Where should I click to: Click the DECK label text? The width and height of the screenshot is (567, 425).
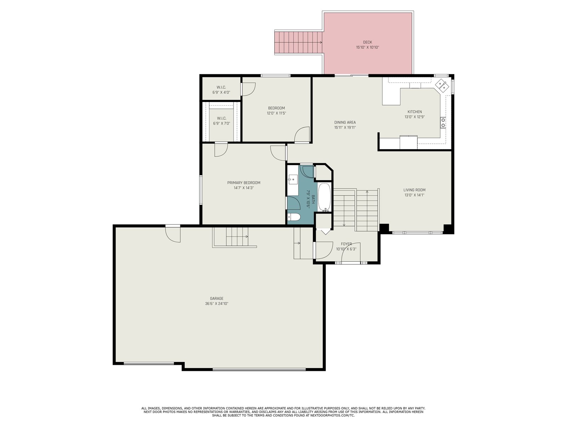[367, 42]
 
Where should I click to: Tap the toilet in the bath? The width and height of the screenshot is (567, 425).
[294, 217]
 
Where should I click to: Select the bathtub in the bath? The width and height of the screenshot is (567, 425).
[324, 197]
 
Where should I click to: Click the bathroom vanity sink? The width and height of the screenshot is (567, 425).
[293, 178]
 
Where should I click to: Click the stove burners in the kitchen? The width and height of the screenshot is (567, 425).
[443, 123]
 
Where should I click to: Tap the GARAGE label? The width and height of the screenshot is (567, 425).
[217, 299]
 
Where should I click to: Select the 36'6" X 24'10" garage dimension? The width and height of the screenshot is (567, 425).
[217, 304]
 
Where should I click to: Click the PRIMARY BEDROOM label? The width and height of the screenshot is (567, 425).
[243, 183]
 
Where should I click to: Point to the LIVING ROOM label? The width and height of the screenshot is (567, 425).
[414, 190]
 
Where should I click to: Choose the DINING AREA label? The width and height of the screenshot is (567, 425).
[345, 122]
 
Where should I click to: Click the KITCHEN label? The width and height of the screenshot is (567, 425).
[415, 112]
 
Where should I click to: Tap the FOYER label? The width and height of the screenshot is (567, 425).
[346, 244]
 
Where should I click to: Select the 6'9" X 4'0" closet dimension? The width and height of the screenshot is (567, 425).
[221, 92]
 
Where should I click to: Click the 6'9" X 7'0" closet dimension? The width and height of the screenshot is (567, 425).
[221, 123]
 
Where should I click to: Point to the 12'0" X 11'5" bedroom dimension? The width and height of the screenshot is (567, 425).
[276, 113]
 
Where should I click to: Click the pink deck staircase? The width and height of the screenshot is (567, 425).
[299, 42]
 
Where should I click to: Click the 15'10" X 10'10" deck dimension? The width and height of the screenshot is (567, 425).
[367, 47]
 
